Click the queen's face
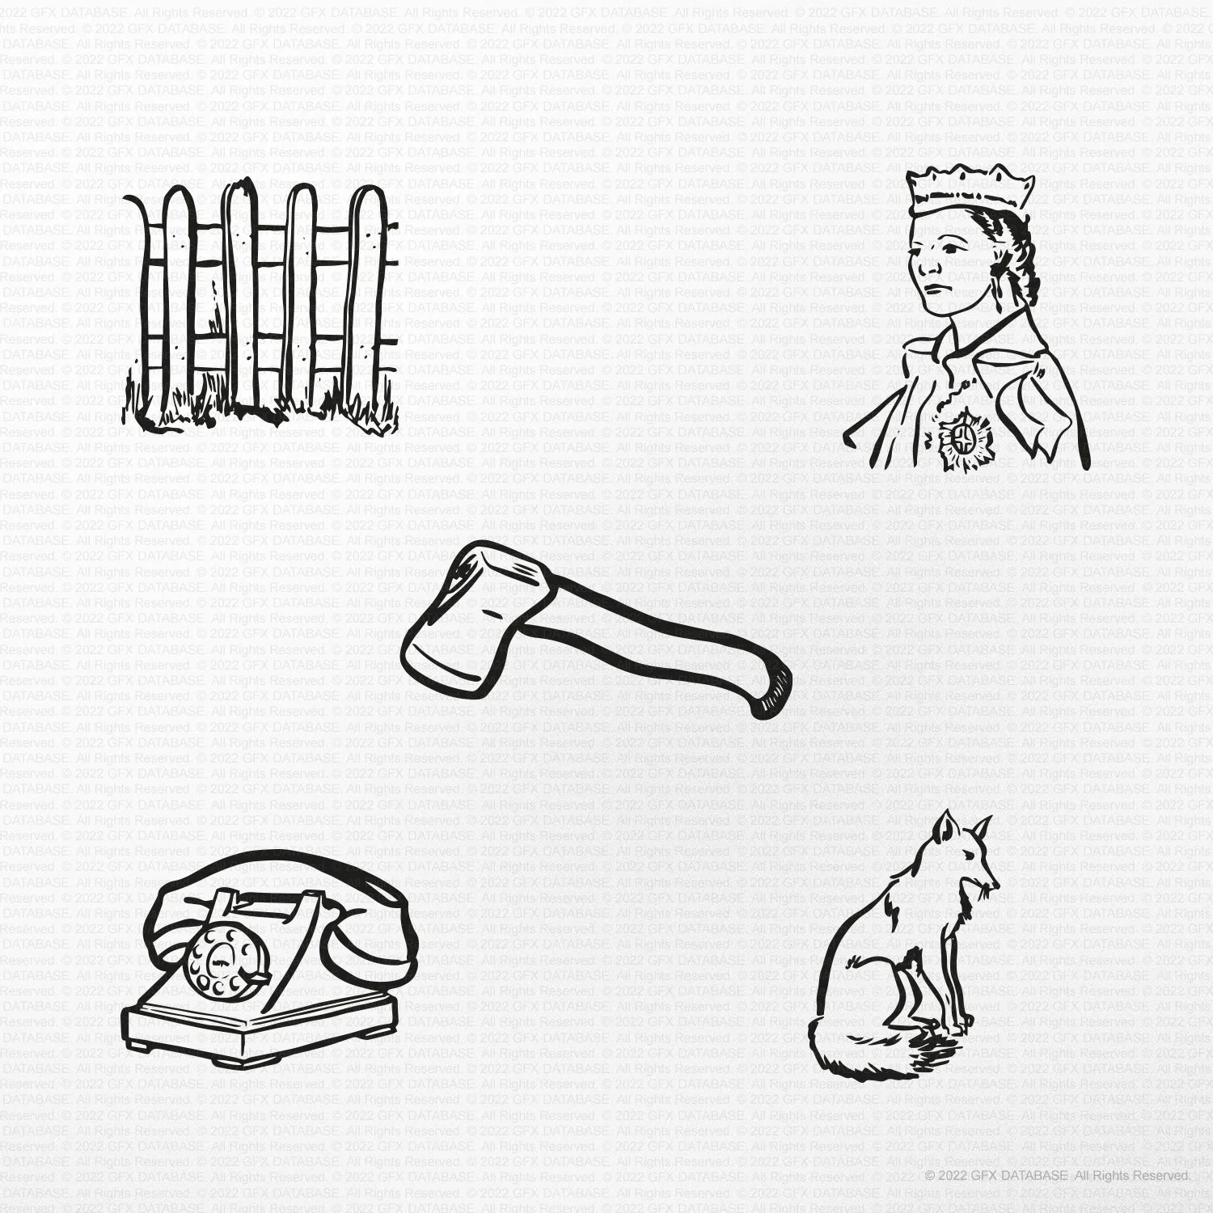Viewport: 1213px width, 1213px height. pyautogui.click(x=942, y=267)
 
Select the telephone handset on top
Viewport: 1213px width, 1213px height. pyautogui.click(x=283, y=881)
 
